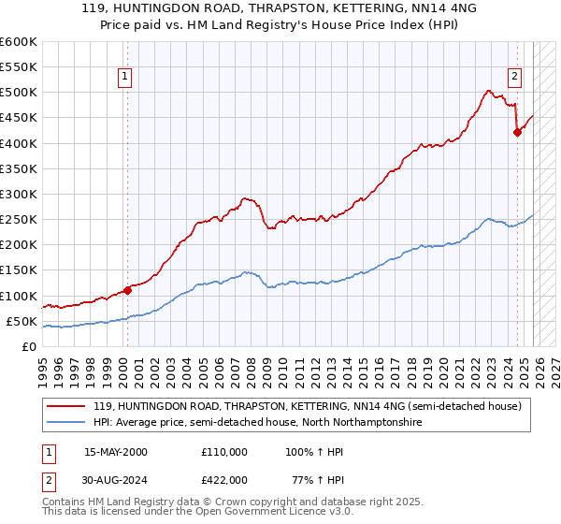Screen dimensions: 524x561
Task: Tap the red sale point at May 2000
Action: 127,290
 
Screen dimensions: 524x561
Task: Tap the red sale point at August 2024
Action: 517,132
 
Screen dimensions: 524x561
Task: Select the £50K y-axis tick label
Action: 22,322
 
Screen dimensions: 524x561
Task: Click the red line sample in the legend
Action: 67,406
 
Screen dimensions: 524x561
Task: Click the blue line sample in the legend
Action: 67,423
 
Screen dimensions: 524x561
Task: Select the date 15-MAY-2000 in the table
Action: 116,451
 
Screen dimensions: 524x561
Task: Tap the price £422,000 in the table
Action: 224,479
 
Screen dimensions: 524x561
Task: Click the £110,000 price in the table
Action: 224,451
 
